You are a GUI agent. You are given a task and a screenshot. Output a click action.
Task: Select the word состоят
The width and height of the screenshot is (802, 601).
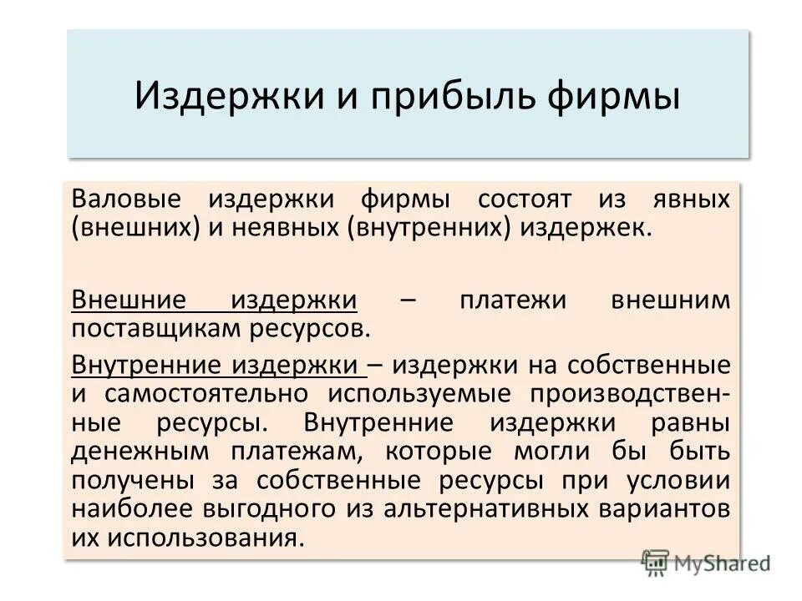click(x=525, y=199)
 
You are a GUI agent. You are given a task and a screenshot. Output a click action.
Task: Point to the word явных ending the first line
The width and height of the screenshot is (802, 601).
click(x=689, y=199)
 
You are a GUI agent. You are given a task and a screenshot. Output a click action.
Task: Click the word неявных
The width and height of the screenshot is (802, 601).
click(x=280, y=227)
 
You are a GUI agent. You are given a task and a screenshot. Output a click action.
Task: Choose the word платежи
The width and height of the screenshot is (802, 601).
click(x=509, y=300)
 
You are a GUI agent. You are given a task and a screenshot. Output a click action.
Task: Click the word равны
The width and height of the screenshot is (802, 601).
click(x=690, y=422)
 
